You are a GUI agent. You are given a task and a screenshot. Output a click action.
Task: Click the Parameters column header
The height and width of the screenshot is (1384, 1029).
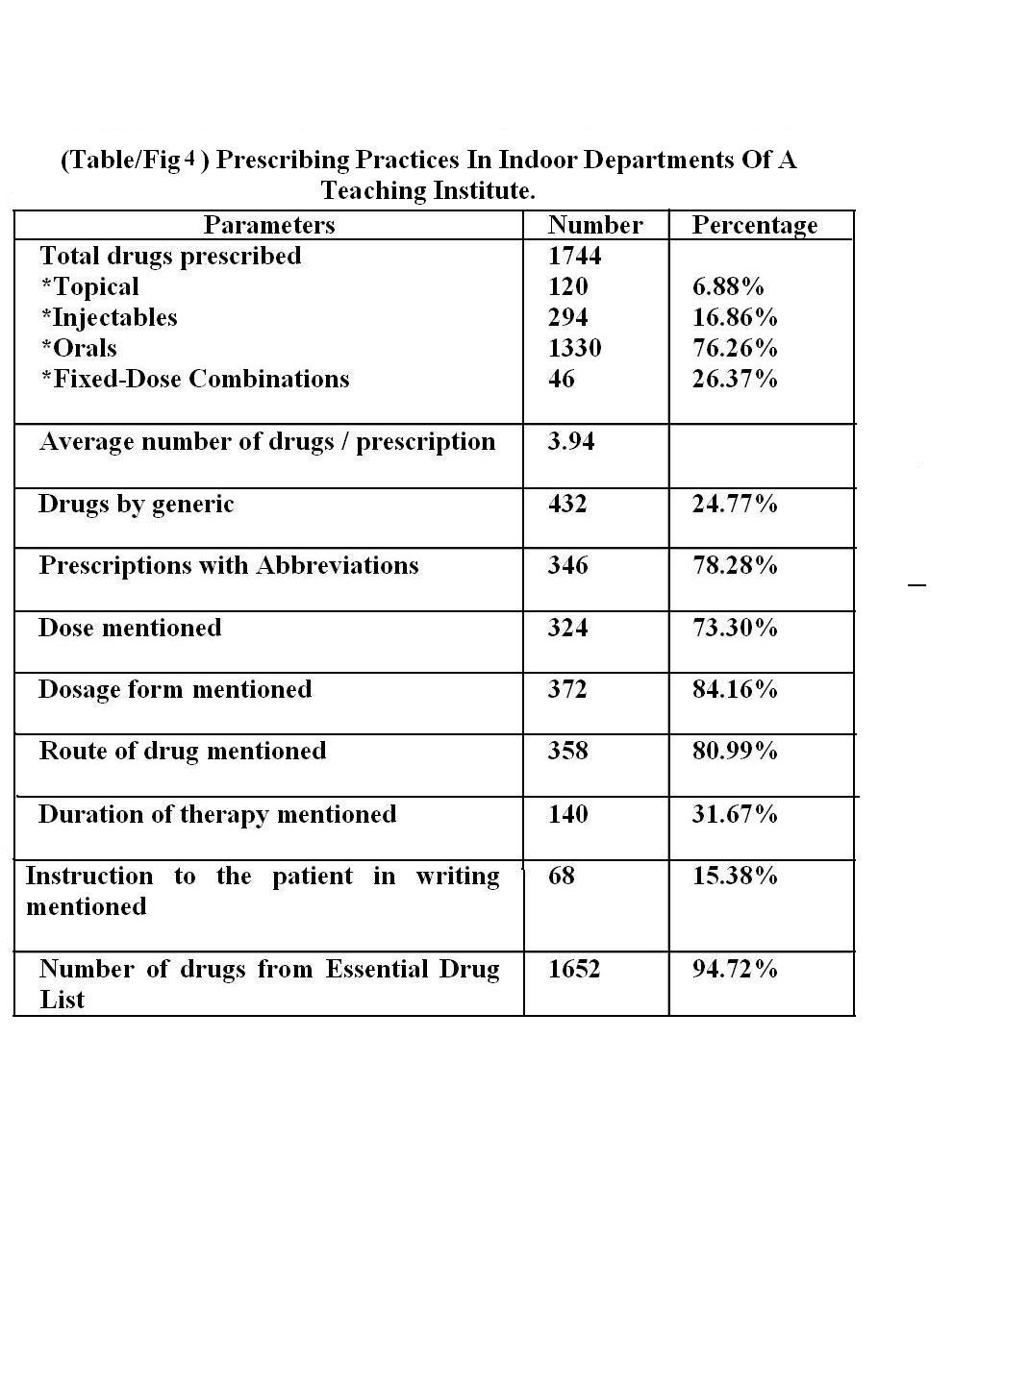coord(269,225)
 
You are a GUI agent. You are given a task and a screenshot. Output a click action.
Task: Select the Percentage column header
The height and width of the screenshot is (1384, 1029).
coord(755,225)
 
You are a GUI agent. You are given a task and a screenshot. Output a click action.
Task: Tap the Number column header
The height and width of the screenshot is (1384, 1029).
coord(595,225)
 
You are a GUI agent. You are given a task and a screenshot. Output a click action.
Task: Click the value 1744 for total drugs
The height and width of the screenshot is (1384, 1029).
coord(574,256)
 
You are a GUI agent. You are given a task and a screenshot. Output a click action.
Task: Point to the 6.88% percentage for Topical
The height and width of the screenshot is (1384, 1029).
coord(728,286)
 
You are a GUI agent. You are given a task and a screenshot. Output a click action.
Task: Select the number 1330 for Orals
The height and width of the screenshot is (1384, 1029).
coord(574,348)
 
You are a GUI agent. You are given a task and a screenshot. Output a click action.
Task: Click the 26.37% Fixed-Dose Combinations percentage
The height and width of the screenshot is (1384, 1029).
coord(735,379)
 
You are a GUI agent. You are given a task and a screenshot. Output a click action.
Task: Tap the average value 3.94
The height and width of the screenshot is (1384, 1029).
coord(571,441)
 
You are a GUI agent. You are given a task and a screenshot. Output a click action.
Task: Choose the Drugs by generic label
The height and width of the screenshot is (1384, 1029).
coord(136,505)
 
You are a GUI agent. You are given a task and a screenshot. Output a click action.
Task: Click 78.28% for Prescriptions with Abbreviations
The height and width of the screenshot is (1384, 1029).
coord(735,565)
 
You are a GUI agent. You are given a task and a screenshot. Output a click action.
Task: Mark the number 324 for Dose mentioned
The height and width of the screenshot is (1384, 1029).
coord(567,628)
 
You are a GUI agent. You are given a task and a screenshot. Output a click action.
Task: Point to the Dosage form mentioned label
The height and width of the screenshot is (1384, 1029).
coord(175,689)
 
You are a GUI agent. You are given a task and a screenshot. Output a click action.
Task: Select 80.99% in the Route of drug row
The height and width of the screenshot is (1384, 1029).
coord(735,751)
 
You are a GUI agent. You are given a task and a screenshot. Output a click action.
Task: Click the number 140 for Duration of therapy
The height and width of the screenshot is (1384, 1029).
coord(567,814)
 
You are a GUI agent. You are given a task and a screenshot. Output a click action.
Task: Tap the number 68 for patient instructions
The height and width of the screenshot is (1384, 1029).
coord(561,876)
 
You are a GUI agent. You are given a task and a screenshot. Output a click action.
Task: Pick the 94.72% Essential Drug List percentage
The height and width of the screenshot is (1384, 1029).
coord(735,969)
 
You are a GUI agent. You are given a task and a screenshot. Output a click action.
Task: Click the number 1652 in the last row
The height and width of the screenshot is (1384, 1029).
coord(574,969)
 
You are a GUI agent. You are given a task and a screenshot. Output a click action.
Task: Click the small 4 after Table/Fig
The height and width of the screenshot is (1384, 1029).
coord(190,158)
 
